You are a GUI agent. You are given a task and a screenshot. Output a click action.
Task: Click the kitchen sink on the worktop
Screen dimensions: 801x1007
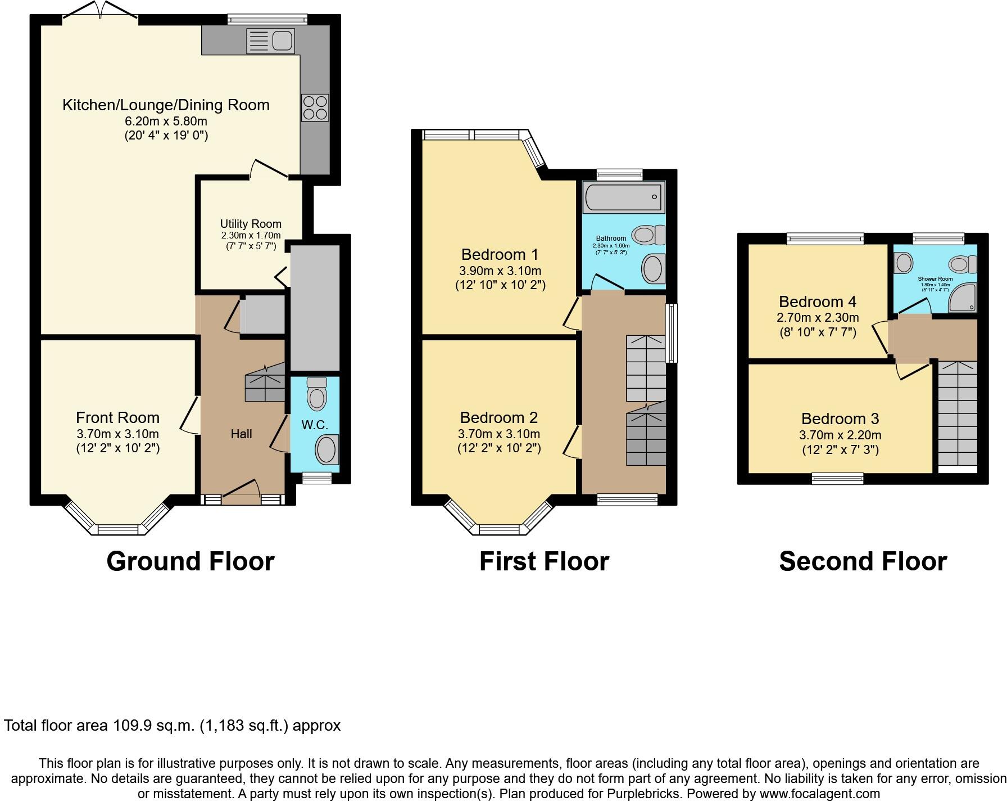point(270,40)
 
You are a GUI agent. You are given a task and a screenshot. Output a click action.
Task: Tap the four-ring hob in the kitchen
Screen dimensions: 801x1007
point(315,107)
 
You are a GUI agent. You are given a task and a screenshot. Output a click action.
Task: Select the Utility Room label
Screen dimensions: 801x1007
point(251,224)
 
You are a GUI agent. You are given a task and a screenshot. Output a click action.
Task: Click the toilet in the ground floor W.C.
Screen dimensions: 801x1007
point(317,393)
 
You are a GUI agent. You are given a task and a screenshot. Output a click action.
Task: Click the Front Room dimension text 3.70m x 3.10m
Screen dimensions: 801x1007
point(118,434)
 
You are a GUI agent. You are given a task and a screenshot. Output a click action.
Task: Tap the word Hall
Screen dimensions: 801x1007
point(241,434)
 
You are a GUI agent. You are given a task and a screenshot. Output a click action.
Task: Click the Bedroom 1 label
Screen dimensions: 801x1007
point(500,254)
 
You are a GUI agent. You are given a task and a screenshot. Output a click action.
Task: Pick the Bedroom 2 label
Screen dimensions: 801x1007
point(498,417)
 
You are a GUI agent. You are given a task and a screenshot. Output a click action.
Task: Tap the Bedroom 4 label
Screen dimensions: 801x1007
point(818,301)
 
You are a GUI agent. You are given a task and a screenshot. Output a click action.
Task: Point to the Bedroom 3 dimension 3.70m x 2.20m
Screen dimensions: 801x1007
point(840,435)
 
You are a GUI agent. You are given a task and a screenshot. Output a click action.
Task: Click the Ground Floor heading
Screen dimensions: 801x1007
point(190,561)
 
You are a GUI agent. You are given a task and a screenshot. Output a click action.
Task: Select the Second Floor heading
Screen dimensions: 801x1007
point(863,561)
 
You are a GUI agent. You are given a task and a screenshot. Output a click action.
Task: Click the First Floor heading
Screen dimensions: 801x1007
point(544,561)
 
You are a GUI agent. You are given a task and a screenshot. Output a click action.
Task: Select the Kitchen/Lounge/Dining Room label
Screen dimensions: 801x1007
point(166,105)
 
